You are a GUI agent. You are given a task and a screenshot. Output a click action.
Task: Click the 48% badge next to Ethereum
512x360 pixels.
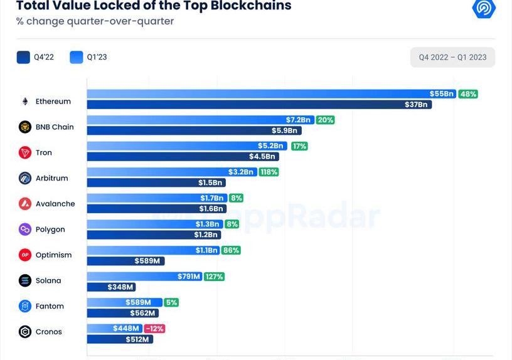(468, 94)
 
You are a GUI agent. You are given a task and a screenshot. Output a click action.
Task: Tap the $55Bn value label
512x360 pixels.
(442, 94)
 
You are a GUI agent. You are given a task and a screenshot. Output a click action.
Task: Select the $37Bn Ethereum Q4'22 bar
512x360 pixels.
(259, 105)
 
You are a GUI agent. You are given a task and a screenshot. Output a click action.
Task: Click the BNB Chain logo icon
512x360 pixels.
(25, 127)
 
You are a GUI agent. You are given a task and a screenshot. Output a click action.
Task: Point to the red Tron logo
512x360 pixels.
(25, 152)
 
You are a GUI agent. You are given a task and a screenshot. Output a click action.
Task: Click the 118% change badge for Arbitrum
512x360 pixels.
(269, 172)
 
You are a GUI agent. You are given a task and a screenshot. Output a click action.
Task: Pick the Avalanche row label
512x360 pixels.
(55, 204)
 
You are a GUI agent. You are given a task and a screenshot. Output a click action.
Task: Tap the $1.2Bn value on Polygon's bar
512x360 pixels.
(206, 235)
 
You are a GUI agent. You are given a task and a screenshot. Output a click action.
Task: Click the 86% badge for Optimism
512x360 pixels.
(231, 250)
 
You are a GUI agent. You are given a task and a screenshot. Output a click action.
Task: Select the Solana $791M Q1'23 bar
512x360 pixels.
(144, 276)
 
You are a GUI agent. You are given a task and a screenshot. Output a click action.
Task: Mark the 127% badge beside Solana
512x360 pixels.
(214, 276)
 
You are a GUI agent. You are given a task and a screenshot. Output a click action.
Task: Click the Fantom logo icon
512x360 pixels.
(25, 307)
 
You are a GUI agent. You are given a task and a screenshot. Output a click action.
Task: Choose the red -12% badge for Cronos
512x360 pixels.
(154, 329)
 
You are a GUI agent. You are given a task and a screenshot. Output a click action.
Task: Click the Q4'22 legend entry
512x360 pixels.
(36, 58)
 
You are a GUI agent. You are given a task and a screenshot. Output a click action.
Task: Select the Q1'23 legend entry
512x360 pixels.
(88, 58)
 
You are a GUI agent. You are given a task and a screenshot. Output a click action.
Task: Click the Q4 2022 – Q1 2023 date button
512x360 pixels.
(452, 58)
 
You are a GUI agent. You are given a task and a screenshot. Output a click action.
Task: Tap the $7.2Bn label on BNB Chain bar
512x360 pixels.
(298, 120)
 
